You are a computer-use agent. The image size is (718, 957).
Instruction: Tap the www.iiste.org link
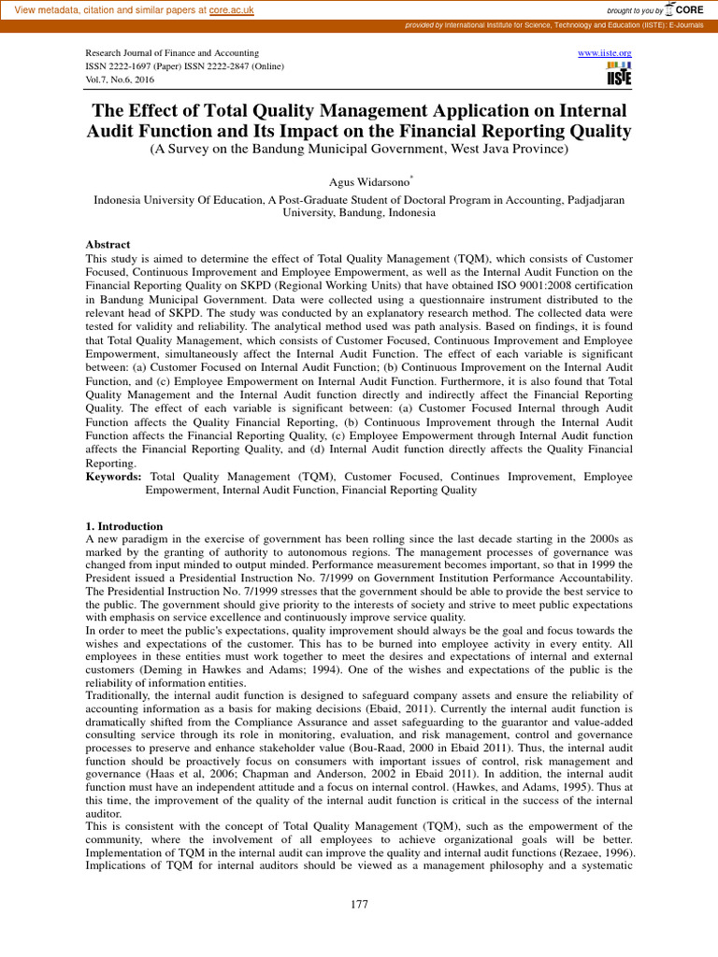[x=605, y=53]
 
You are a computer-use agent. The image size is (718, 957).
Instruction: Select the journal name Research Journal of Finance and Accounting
[x=172, y=53]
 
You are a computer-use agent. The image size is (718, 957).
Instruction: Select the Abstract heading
[x=108, y=243]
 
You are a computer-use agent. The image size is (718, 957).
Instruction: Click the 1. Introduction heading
[x=124, y=526]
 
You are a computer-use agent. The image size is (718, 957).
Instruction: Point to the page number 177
[x=359, y=904]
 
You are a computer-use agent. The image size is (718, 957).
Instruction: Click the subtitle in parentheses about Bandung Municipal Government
[x=359, y=150]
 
